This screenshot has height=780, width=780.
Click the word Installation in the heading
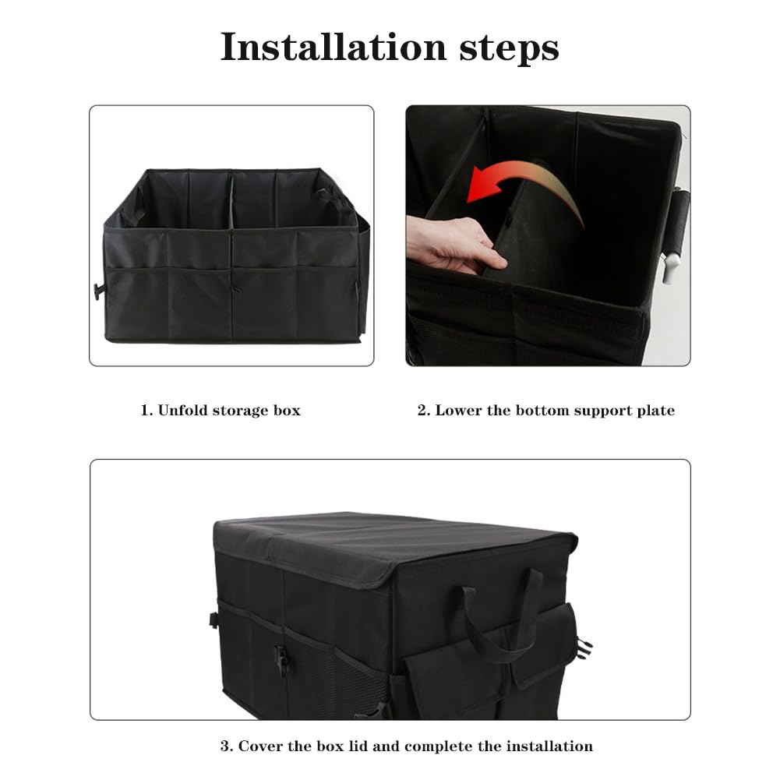click(334, 48)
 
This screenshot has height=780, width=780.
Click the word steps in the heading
click(509, 49)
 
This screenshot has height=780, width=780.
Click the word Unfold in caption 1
click(182, 411)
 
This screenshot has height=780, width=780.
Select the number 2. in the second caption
click(425, 411)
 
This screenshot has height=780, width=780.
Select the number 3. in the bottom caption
click(227, 746)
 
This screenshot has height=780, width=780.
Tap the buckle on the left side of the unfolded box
click(99, 291)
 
